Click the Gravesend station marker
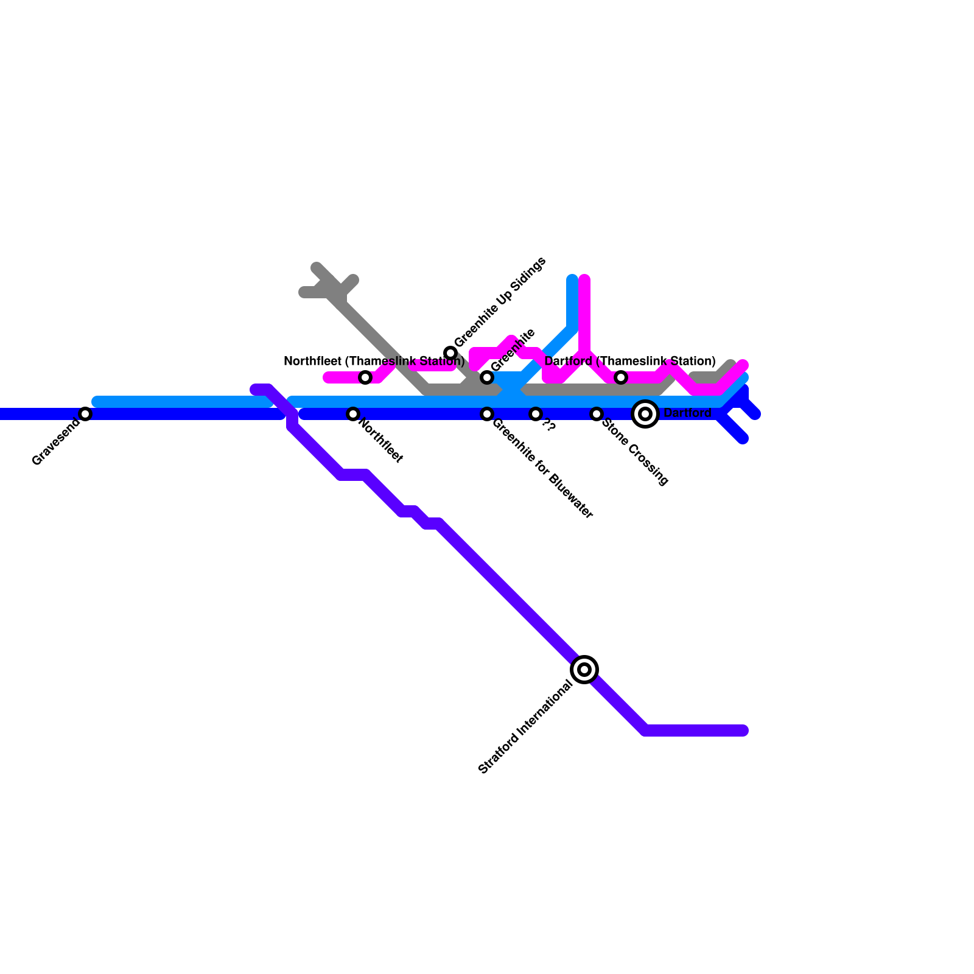pyautogui.click(x=85, y=414)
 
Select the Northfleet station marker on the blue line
pyautogui.click(x=353, y=414)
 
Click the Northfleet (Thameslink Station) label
pyautogui.click(x=374, y=362)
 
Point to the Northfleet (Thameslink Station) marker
pyautogui.click(x=365, y=377)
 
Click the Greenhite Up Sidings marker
pyautogui.click(x=450, y=353)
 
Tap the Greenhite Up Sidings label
pyautogui.click(x=500, y=303)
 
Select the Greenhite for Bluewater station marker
pyautogui.click(x=487, y=414)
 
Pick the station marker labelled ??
pyautogui.click(x=536, y=414)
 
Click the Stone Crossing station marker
pyautogui.click(x=597, y=414)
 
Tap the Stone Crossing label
pyautogui.click(x=636, y=452)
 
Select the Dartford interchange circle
pyautogui.click(x=645, y=414)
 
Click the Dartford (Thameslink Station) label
pyautogui.click(x=630, y=362)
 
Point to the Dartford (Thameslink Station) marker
pyautogui.click(x=621, y=377)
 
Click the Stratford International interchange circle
pyautogui.click(x=584, y=670)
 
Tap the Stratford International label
pyautogui.click(x=525, y=727)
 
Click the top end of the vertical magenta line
pyautogui.click(x=584, y=280)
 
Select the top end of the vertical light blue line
pyautogui.click(x=572, y=280)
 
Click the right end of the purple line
pyautogui.click(x=743, y=730)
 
